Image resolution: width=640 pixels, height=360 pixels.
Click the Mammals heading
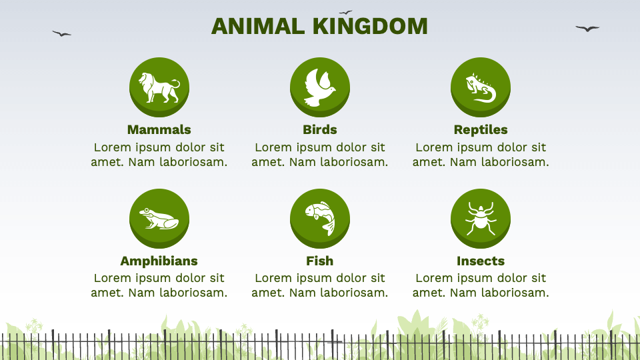(x=159, y=130)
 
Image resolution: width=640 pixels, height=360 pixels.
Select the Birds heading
(x=320, y=130)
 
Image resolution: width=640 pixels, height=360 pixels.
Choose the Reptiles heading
(x=481, y=130)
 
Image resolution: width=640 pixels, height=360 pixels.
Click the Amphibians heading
(x=159, y=261)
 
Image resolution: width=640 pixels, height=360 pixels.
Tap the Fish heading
(x=320, y=261)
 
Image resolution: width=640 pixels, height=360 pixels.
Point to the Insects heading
(x=481, y=261)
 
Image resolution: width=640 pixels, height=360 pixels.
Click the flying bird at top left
(x=61, y=33)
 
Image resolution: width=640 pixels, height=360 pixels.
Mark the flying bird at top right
(x=587, y=29)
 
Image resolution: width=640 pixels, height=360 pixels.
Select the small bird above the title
(x=345, y=12)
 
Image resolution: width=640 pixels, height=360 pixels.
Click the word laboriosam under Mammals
(x=193, y=162)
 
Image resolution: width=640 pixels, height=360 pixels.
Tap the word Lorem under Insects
(x=433, y=278)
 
